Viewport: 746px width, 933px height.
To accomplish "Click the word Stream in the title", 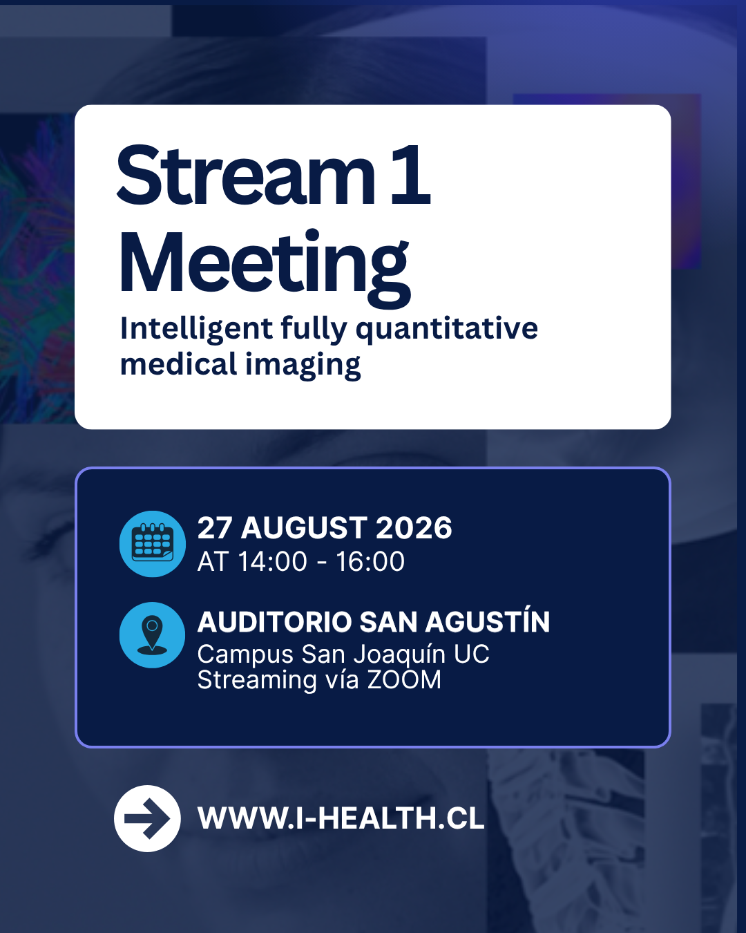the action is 246,175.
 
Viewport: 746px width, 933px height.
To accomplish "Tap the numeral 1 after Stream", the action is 410,175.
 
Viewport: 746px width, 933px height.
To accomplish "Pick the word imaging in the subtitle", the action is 303,365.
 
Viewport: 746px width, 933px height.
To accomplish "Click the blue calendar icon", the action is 152,544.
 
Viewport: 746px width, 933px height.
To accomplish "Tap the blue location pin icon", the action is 152,634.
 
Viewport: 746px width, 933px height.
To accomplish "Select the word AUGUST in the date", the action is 304,528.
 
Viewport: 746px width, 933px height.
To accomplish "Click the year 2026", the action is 414,528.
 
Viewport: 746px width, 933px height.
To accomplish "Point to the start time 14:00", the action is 273,562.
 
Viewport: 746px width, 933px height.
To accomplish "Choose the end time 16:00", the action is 370,562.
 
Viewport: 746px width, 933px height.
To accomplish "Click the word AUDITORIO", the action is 274,622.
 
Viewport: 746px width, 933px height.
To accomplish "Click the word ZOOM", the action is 404,679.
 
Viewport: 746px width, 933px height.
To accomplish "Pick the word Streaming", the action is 257,681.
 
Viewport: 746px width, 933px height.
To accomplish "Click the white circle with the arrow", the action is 147,818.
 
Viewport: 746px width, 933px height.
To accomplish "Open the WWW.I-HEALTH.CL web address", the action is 341,818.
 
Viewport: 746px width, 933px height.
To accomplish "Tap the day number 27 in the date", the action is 213,528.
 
